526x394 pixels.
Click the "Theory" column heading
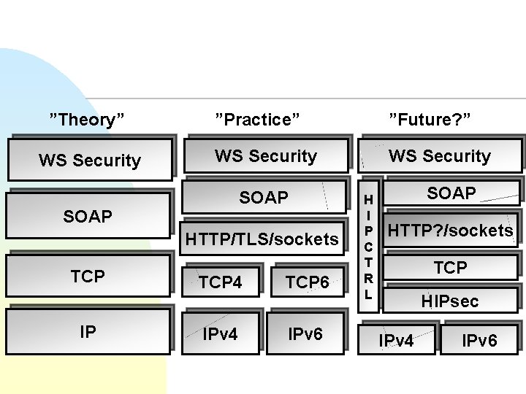(86, 119)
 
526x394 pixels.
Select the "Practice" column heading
(258, 119)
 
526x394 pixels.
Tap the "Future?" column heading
(430, 119)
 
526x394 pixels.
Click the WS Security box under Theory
(90, 160)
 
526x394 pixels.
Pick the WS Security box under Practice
(265, 155)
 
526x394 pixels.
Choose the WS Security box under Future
(440, 155)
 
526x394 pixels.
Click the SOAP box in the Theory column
(87, 217)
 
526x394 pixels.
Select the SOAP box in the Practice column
(264, 198)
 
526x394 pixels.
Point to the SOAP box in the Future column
(451, 193)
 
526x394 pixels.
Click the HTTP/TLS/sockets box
(262, 239)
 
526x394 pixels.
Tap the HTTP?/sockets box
(450, 231)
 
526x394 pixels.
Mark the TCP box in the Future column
(450, 267)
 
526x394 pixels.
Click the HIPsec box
(449, 300)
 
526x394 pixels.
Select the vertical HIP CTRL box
(368, 245)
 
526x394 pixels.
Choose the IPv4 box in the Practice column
(221, 334)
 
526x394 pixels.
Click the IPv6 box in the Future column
(480, 340)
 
